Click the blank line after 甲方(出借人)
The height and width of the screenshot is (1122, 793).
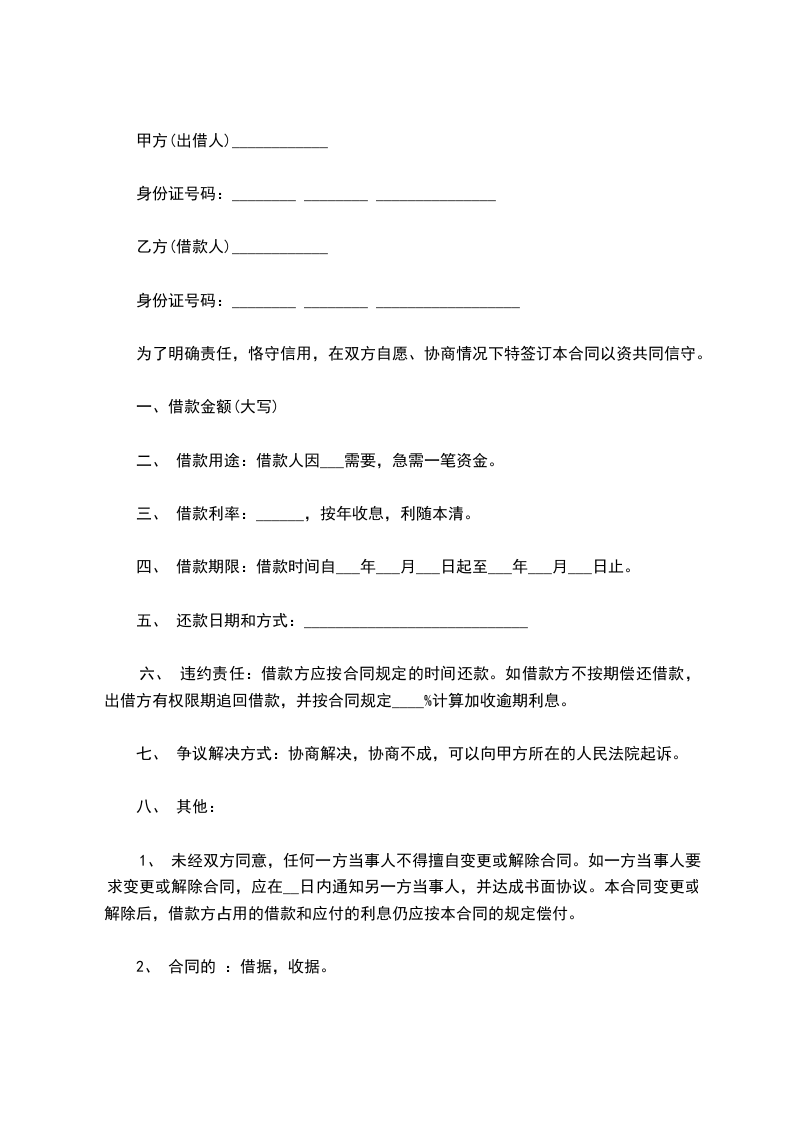click(279, 146)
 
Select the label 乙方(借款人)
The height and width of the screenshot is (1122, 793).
click(183, 247)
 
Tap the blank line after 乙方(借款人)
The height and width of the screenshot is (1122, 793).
click(279, 251)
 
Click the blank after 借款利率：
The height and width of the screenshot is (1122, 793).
click(279, 518)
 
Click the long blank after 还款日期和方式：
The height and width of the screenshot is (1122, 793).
click(415, 626)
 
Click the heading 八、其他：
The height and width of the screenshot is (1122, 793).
click(173, 806)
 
